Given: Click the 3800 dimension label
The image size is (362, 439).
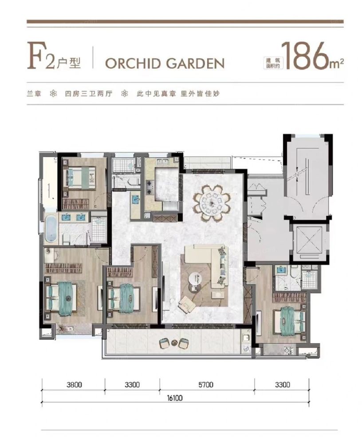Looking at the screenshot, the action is [74, 384].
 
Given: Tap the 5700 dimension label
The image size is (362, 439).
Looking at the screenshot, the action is [205, 384].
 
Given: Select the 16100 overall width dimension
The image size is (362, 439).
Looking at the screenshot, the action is [174, 398].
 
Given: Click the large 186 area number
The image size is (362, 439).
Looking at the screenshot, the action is [305, 56].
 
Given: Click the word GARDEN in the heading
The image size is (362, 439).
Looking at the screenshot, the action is [195, 63].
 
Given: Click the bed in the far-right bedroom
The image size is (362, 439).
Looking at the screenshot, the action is [289, 321].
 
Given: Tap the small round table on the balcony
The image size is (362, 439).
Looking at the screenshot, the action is [174, 343].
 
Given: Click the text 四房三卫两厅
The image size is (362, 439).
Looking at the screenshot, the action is [89, 94].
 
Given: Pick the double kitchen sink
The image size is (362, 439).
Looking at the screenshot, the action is [161, 162].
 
